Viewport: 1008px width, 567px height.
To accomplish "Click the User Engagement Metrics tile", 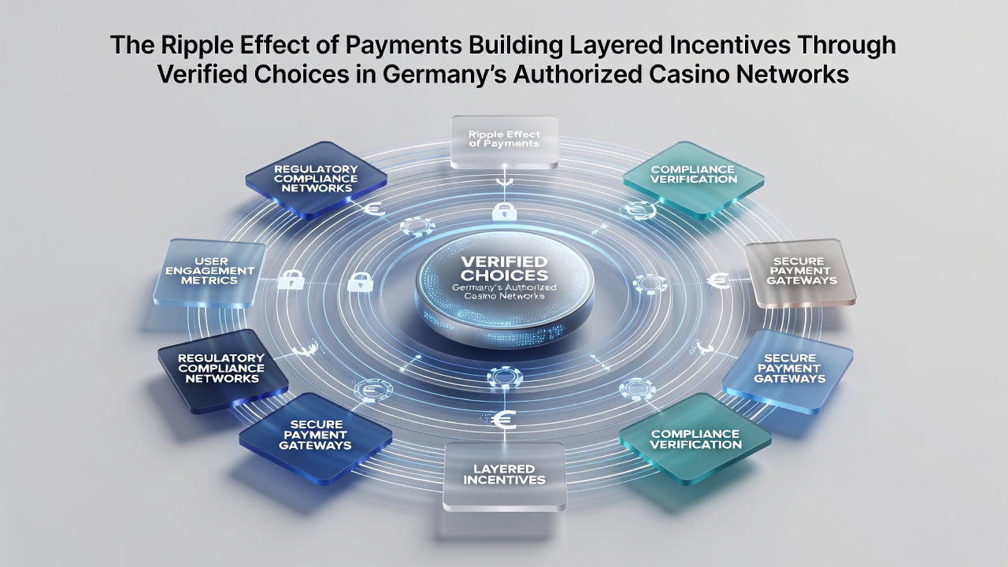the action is (209, 272).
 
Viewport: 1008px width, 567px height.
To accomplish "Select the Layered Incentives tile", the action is (505, 476).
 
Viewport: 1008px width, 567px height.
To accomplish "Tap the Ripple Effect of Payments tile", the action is (505, 141).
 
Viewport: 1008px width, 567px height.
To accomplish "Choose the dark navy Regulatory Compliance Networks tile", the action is (223, 370).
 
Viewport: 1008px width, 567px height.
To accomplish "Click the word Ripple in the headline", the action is (190, 46).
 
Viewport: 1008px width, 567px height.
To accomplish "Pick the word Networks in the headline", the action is (792, 74).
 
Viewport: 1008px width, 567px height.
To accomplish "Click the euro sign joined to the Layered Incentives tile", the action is (504, 421).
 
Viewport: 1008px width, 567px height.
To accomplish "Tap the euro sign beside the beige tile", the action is (718, 281).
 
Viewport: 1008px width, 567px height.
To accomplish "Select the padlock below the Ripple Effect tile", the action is (504, 212).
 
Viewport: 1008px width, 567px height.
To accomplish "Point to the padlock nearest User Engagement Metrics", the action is (291, 280).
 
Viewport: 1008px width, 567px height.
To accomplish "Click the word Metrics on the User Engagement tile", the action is (209, 280).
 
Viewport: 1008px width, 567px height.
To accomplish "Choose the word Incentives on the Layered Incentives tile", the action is (505, 480).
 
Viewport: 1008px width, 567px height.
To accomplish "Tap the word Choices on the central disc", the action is (505, 275).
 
